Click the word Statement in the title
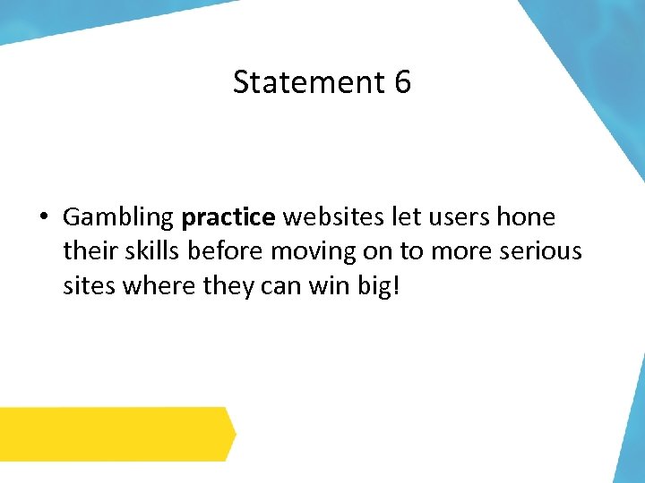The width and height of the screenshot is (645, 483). (x=308, y=82)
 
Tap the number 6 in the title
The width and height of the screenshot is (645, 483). (x=401, y=82)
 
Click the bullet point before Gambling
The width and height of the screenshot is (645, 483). (x=42, y=217)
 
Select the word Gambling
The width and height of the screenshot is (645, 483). (x=117, y=218)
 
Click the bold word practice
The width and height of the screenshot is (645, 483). (x=228, y=218)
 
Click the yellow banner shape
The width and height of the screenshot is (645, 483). (x=116, y=434)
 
